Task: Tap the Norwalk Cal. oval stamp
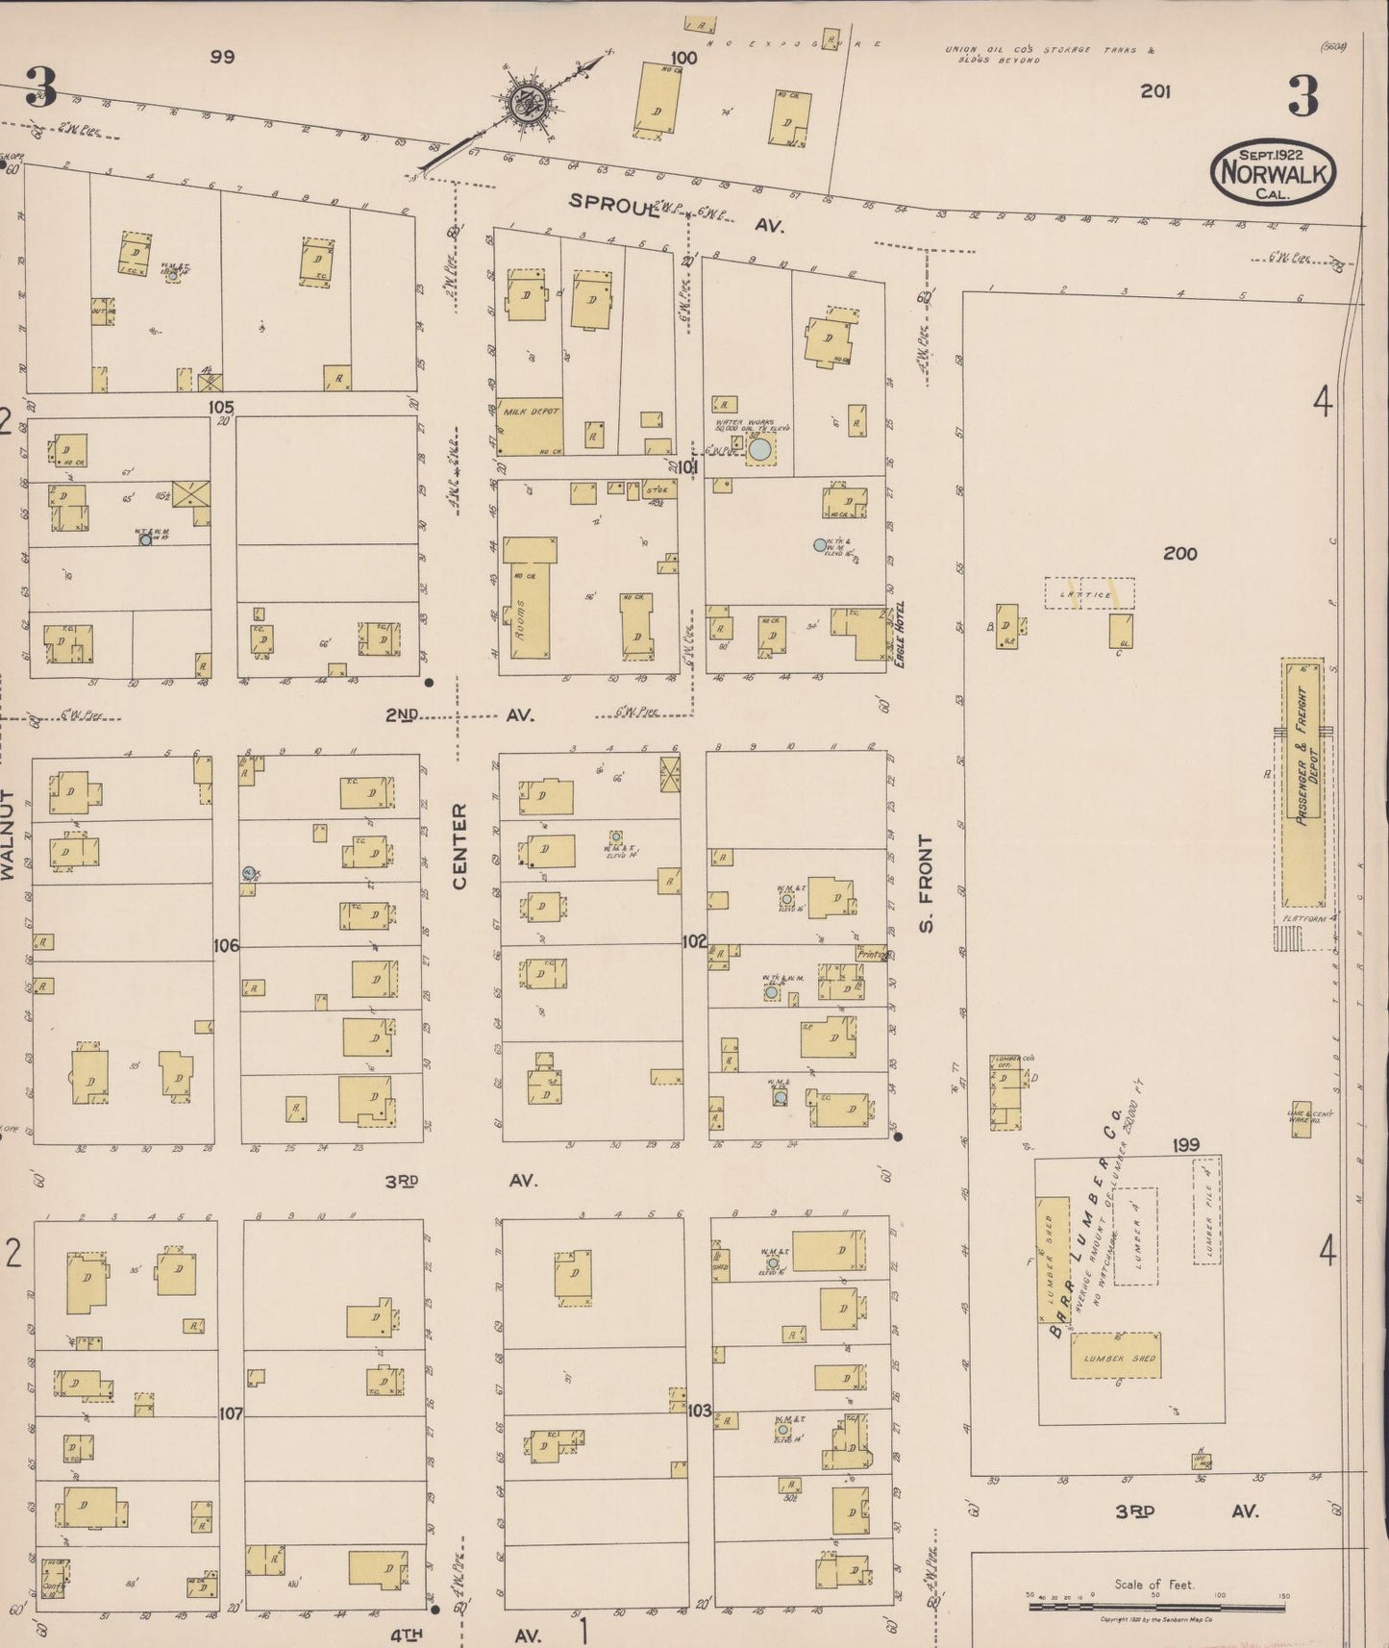[x=1274, y=172]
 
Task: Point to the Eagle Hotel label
[x=901, y=635]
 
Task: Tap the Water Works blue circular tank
[x=759, y=449]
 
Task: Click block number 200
[x=1179, y=554]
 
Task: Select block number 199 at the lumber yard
[x=1186, y=1145]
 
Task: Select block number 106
[x=226, y=946]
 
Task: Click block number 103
[x=700, y=1411]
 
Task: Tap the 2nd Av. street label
[x=459, y=715]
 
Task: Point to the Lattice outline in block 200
[x=1090, y=593]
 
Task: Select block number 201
[x=1154, y=91]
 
